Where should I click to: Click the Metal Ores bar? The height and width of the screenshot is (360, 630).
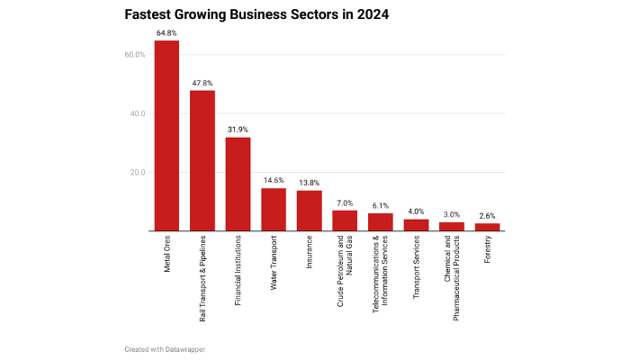[x=166, y=135]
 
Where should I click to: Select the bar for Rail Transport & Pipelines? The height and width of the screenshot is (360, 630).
[x=202, y=160]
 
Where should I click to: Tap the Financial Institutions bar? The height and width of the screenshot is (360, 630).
[x=238, y=184]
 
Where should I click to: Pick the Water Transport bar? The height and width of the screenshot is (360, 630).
[x=274, y=209]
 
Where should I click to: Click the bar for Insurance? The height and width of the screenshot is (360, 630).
[x=309, y=211]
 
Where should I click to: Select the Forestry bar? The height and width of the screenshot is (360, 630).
[x=487, y=227]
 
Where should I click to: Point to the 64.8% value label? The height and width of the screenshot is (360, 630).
[x=166, y=32]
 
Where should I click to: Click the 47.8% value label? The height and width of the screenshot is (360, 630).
[x=202, y=83]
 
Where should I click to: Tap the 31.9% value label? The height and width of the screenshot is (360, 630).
[x=238, y=130]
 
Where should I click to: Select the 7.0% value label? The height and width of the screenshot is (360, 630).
[x=345, y=202]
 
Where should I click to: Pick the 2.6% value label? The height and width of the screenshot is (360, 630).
[x=487, y=216]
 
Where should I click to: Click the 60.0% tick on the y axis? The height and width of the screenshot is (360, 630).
[x=134, y=55]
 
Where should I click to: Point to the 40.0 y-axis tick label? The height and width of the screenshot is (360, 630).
[x=136, y=113]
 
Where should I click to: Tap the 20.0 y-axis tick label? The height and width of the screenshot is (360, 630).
[x=136, y=172]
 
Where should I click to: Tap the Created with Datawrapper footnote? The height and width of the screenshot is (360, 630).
[x=166, y=347]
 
